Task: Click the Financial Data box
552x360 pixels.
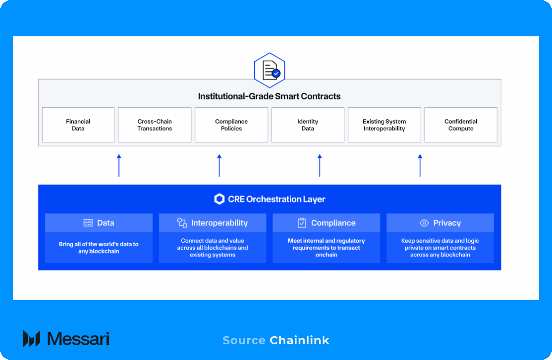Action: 78,125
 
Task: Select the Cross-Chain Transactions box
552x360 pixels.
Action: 155,125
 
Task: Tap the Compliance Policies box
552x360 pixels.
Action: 231,125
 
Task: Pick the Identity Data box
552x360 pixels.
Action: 308,125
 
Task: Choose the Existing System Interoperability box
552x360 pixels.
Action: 384,125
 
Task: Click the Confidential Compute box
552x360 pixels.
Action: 461,125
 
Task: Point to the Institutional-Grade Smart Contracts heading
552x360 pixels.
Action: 269,96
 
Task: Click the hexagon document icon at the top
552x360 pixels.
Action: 270,70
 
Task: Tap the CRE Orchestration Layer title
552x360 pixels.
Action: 276,199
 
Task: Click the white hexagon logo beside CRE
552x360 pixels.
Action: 219,199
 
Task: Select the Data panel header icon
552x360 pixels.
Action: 88,223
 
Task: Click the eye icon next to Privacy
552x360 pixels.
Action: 424,223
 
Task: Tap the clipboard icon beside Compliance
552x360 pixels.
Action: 302,223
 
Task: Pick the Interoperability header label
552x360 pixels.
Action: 219,223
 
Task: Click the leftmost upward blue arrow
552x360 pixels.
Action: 119,165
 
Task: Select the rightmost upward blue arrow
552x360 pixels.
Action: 420,165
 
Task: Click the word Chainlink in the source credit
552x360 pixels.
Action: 299,340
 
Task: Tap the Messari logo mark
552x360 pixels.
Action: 32,338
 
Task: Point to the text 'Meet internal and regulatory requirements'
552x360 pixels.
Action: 326,244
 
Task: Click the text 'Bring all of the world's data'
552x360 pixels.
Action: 98,244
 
